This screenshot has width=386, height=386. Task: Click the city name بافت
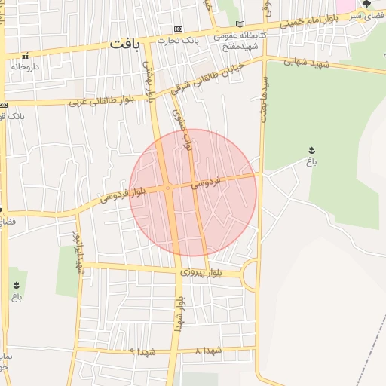click(x=124, y=44)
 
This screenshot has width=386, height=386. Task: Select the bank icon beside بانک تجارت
click(x=177, y=28)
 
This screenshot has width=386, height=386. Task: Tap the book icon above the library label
click(x=240, y=24)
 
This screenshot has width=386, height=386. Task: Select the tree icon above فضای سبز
click(x=367, y=4)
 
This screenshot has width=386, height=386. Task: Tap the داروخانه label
click(x=25, y=66)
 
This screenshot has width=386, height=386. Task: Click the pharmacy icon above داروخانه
click(x=25, y=55)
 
